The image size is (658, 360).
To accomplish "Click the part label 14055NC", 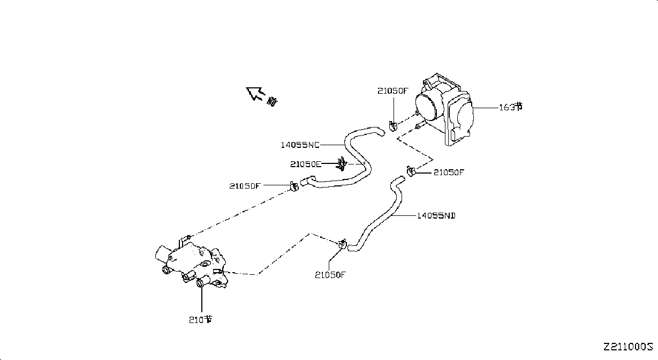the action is tap(300, 145).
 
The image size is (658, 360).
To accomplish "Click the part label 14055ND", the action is tap(436, 216).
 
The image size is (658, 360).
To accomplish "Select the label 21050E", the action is tap(306, 164).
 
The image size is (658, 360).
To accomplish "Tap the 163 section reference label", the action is tap(511, 107).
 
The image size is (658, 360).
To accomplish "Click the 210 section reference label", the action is tap(201, 320).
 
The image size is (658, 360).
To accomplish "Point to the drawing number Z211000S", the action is tap(628, 347).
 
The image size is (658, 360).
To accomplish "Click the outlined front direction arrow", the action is tap(254, 93).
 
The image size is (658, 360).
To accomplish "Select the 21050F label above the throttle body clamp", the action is tap(393, 91).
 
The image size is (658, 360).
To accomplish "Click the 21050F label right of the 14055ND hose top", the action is tap(449, 172).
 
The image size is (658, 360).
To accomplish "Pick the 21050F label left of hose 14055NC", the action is tap(245, 186).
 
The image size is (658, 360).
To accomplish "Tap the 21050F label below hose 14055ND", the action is tap(330, 275).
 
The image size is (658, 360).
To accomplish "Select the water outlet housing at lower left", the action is tap(191, 264).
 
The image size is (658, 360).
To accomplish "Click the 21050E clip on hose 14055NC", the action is tap(342, 164).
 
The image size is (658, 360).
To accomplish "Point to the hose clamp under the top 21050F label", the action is tap(392, 126).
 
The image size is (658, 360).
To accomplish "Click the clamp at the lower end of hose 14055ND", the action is tap(343, 244).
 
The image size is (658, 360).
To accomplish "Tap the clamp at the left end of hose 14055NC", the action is tap(294, 186).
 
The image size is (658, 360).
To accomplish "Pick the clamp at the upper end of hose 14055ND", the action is tap(411, 171).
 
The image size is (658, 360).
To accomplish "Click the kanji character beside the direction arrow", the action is tap(272, 102).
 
